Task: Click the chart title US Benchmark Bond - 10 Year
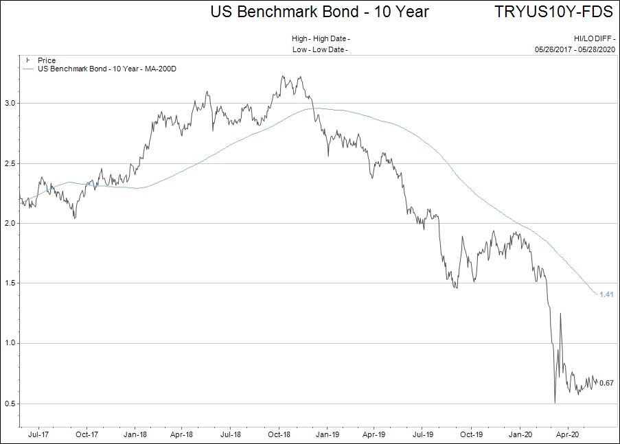[319, 12]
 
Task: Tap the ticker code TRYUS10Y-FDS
[553, 12]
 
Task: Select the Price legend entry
[47, 61]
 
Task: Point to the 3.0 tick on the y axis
[10, 103]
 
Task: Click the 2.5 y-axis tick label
[10, 163]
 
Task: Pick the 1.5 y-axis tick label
[10, 283]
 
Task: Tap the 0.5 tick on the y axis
[10, 404]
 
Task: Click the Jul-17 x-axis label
[38, 434]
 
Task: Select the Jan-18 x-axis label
[135, 434]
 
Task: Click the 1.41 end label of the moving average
[606, 294]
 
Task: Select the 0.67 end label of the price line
[606, 383]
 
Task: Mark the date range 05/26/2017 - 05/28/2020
[576, 49]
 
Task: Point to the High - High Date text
[321, 39]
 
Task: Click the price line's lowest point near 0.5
[555, 403]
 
